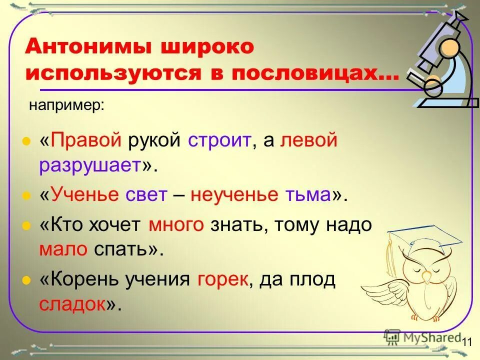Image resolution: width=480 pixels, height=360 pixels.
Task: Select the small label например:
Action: tap(66, 105)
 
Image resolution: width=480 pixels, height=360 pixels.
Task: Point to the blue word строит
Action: tap(218, 141)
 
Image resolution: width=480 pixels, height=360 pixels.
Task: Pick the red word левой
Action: tap(309, 141)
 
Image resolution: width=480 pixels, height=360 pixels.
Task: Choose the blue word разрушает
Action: tap(90, 166)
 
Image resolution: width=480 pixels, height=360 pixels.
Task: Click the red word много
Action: tap(176, 225)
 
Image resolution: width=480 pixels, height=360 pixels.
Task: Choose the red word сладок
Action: tap(72, 303)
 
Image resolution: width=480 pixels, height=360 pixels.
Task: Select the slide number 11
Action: tap(467, 342)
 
